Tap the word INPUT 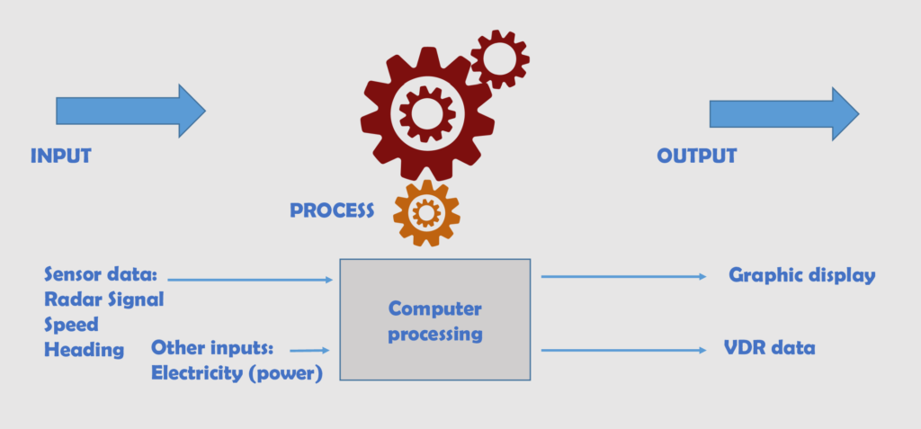click(x=61, y=156)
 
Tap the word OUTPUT click(x=696, y=156)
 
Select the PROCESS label click(x=332, y=210)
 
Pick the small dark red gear click(x=499, y=58)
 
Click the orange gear click(x=426, y=213)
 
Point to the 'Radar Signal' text click(x=103, y=299)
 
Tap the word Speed click(x=71, y=325)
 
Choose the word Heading click(x=84, y=350)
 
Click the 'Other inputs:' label click(x=218, y=347)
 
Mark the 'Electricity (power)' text click(x=237, y=372)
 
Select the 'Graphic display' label click(x=801, y=275)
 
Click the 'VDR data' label click(x=769, y=347)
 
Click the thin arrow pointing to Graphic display click(x=623, y=277)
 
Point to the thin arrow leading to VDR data click(x=623, y=349)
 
